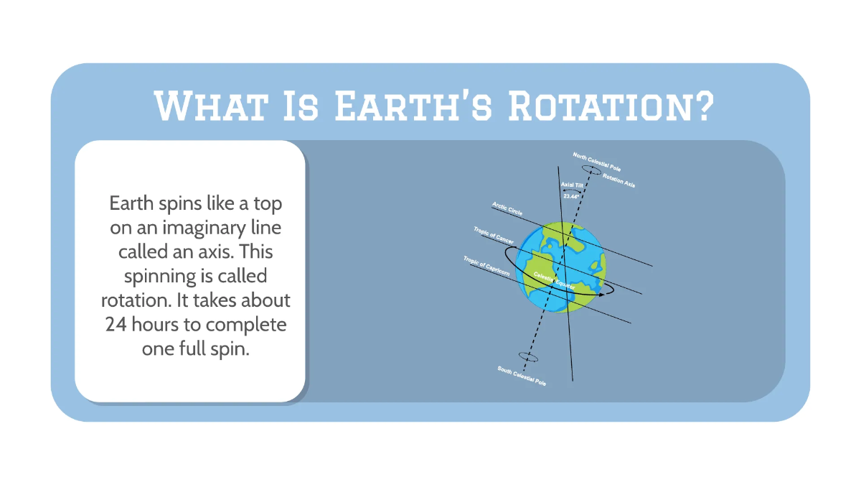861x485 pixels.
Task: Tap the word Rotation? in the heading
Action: tap(611, 106)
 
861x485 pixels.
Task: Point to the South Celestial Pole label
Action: tap(522, 377)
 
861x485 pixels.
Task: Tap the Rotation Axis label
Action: tap(618, 180)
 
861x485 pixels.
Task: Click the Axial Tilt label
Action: tap(573, 185)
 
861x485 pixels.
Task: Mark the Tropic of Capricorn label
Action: tap(486, 265)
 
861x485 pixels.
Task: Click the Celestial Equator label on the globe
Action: tap(554, 280)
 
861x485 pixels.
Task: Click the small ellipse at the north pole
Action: tap(592, 170)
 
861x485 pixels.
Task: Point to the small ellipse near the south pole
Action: tap(528, 357)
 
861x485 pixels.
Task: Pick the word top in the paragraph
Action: tap(267, 203)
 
